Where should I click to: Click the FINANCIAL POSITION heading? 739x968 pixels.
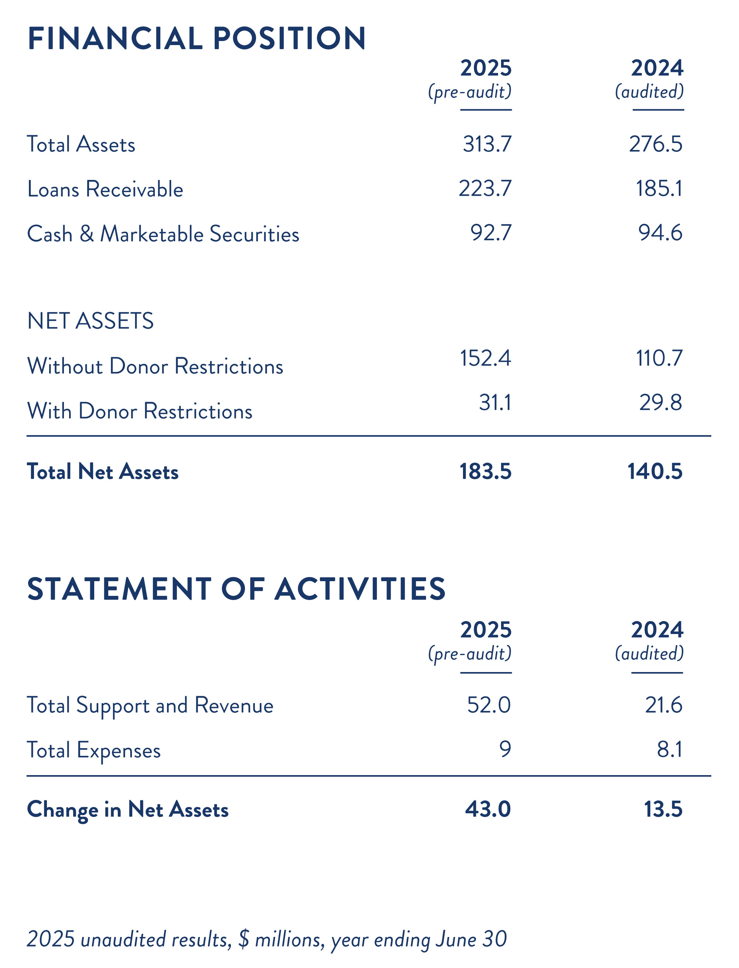pyautogui.click(x=196, y=38)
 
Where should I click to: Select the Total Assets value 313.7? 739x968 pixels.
pyautogui.click(x=487, y=144)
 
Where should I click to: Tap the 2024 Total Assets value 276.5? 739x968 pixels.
pyautogui.click(x=655, y=144)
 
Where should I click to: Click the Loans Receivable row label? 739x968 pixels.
pyautogui.click(x=105, y=189)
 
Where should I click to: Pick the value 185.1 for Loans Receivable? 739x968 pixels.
pyautogui.click(x=659, y=189)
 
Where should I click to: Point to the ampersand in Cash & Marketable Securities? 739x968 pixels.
pyautogui.click(x=87, y=234)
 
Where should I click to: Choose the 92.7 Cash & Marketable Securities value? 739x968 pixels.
pyautogui.click(x=491, y=233)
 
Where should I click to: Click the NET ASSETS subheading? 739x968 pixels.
pyautogui.click(x=90, y=321)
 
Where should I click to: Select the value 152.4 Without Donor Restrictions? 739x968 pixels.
pyautogui.click(x=485, y=358)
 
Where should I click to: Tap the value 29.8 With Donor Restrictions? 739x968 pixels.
pyautogui.click(x=660, y=402)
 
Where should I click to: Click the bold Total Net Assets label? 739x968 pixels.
pyautogui.click(x=102, y=471)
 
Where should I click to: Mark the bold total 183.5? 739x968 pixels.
pyautogui.click(x=485, y=471)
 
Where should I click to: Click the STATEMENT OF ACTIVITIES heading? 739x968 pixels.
pyautogui.click(x=236, y=589)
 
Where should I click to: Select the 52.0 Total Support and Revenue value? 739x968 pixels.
pyautogui.click(x=489, y=705)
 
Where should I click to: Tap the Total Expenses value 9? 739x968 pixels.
pyautogui.click(x=505, y=749)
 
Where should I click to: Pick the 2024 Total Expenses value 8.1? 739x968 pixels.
pyautogui.click(x=670, y=749)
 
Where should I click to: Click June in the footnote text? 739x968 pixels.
pyautogui.click(x=456, y=940)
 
